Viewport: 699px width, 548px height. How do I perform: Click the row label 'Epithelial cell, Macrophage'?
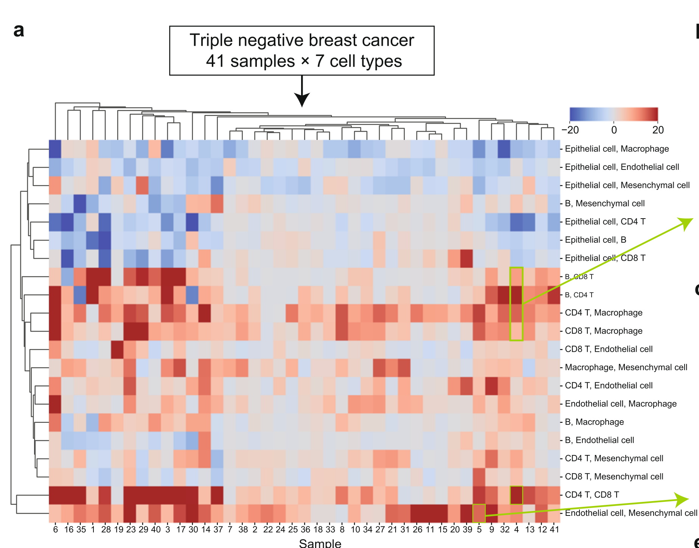(x=617, y=149)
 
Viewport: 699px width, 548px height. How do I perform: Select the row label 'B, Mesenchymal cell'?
(x=604, y=203)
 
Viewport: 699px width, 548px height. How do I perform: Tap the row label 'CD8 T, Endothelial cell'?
(x=609, y=349)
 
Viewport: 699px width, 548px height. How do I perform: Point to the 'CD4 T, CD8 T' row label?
(x=592, y=495)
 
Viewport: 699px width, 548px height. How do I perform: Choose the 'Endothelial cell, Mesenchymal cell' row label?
(x=631, y=513)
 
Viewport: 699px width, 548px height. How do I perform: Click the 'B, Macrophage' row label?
(x=594, y=422)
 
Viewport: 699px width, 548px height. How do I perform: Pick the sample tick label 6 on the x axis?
(x=56, y=529)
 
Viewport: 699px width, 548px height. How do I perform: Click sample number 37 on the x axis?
(x=218, y=529)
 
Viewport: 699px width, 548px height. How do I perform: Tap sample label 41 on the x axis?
(x=554, y=529)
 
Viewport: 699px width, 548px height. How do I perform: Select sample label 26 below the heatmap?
(x=417, y=529)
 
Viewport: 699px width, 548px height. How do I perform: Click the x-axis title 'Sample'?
(x=320, y=543)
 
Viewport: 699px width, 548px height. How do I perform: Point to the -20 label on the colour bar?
(x=570, y=130)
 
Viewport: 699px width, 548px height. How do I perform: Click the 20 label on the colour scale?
(x=658, y=130)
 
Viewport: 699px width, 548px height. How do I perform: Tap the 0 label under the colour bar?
(x=614, y=130)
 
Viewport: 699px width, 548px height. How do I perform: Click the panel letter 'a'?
(x=19, y=30)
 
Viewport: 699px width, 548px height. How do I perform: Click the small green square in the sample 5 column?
(x=479, y=513)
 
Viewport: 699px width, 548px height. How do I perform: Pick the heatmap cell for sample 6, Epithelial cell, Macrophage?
(x=55, y=149)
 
